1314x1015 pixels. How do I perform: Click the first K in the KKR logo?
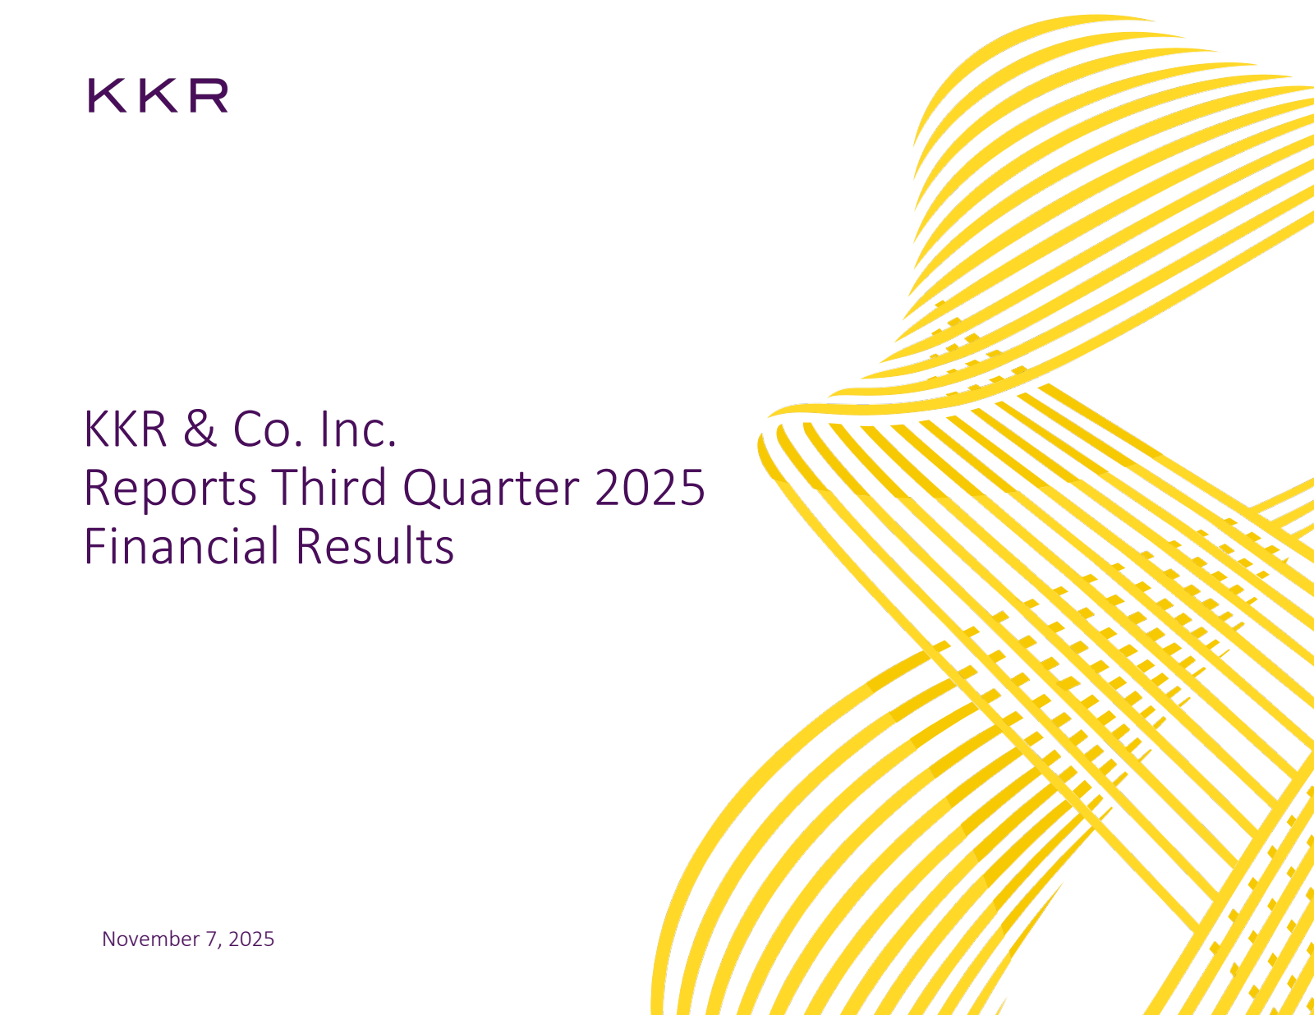(104, 96)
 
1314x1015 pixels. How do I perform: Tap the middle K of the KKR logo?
(156, 96)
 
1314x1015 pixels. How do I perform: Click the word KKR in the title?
(126, 429)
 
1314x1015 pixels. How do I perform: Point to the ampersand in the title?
(200, 429)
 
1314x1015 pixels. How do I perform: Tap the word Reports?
(170, 488)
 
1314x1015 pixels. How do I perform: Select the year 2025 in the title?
(650, 488)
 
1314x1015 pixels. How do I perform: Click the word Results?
(374, 546)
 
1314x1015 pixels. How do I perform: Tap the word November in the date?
(150, 939)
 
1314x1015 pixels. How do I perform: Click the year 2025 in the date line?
(251, 939)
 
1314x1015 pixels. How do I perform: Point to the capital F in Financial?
(94, 546)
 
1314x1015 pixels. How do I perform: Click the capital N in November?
(108, 939)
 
